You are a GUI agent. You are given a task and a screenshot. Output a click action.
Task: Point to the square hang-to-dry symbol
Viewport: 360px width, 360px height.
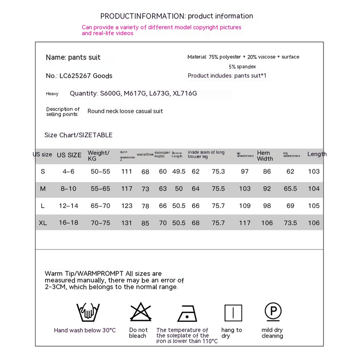(233, 313)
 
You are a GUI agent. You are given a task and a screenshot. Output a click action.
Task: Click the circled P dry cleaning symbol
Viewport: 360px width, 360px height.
(273, 311)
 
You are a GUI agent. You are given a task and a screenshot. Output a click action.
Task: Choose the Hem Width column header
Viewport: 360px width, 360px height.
(265, 156)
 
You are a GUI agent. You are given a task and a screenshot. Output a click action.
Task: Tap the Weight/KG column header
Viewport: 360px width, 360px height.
(99, 156)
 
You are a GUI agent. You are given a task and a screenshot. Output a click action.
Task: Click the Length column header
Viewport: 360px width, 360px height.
(317, 154)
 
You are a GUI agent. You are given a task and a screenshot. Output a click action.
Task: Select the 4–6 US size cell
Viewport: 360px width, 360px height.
(69, 171)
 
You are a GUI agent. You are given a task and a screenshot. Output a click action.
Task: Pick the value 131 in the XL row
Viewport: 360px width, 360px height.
(127, 223)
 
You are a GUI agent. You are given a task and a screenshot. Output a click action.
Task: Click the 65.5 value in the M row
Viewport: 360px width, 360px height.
(290, 189)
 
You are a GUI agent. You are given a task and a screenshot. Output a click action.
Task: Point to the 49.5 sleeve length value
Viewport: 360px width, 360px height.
(179, 171)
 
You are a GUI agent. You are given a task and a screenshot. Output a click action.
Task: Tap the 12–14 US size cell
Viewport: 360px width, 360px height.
(69, 206)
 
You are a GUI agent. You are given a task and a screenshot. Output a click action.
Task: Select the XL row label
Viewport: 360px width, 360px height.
(43, 223)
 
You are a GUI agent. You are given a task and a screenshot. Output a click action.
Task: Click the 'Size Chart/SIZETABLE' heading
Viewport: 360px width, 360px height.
(78, 135)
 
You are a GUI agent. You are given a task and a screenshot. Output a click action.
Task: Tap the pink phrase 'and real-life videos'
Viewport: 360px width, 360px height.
(108, 33)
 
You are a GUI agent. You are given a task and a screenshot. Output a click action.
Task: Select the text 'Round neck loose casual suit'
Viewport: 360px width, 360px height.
(125, 111)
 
